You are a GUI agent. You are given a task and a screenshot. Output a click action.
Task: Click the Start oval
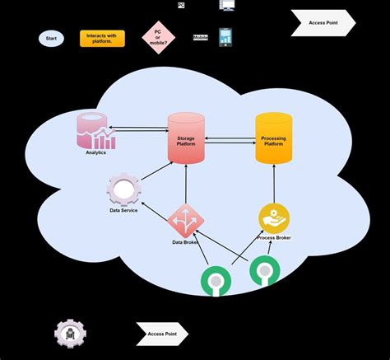pos(51,38)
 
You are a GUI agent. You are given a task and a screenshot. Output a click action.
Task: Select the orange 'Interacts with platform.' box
pos(102,38)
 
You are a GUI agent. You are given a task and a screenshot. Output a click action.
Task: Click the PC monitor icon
pos(227,5)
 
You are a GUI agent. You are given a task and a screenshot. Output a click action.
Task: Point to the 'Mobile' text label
pos(201,38)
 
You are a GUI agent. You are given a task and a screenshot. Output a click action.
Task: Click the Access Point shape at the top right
pos(323,23)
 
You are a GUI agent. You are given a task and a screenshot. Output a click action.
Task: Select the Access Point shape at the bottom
pos(162,334)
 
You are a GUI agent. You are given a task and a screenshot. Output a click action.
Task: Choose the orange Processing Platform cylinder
pos(273,138)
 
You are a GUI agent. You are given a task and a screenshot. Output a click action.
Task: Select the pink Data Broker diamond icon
pos(184,219)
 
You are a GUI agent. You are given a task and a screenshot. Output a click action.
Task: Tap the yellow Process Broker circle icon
pos(274,217)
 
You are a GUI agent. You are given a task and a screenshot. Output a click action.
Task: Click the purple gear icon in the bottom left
pos(70,333)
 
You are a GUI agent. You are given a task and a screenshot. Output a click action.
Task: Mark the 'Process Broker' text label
pos(274,237)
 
